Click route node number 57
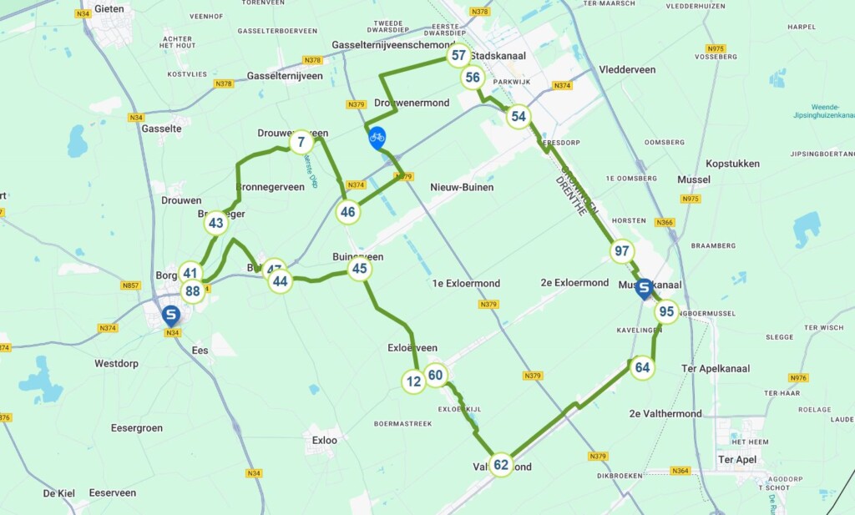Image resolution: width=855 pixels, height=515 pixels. [x=458, y=56]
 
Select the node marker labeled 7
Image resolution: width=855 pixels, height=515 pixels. [x=301, y=143]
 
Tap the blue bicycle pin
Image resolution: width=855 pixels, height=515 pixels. [x=377, y=137]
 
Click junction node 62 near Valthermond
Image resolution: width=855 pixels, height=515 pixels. [x=501, y=465]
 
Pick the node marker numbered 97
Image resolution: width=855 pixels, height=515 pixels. [x=622, y=251]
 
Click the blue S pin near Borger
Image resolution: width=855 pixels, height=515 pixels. [x=171, y=316]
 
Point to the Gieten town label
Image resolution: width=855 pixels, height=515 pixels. [x=109, y=9]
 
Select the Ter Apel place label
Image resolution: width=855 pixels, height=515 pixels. [x=737, y=459]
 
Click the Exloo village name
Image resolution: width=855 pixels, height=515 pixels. [x=324, y=440]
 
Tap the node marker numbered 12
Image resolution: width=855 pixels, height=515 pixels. [x=413, y=381]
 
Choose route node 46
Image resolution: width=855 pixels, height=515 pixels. [x=348, y=212]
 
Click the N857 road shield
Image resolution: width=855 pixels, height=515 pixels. [x=130, y=285]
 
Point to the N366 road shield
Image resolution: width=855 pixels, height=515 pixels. [x=664, y=222]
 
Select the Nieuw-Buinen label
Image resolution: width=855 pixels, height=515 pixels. [x=462, y=187]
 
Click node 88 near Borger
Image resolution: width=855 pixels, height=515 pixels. [x=193, y=291]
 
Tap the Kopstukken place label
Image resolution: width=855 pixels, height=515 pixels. [x=732, y=164]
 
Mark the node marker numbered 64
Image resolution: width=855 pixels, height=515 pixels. [x=642, y=367]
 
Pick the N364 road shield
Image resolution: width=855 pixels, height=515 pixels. [x=681, y=472]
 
